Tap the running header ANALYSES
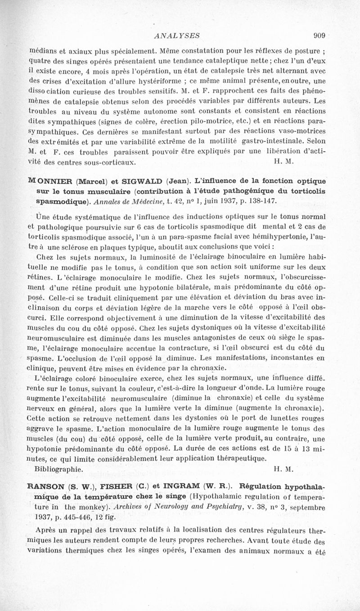click(x=176, y=35)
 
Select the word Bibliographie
click(x=58, y=468)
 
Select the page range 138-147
click(x=264, y=200)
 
